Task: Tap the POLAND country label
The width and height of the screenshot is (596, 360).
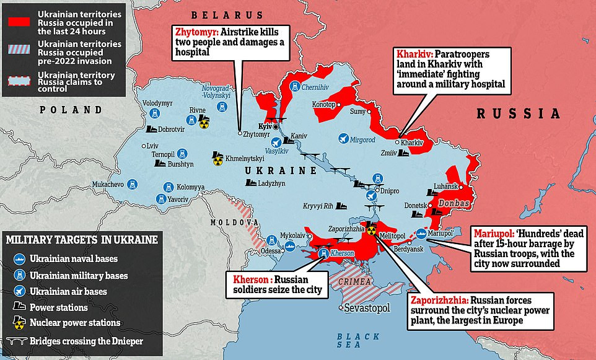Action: point(71,110)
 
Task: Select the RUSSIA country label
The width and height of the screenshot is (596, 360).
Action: point(518,114)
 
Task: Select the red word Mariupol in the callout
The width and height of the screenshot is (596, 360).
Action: point(493,233)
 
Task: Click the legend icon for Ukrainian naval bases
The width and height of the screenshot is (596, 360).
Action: point(20,259)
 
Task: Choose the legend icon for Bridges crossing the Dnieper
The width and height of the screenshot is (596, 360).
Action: point(21,339)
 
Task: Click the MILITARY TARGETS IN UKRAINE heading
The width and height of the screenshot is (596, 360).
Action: point(81,240)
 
